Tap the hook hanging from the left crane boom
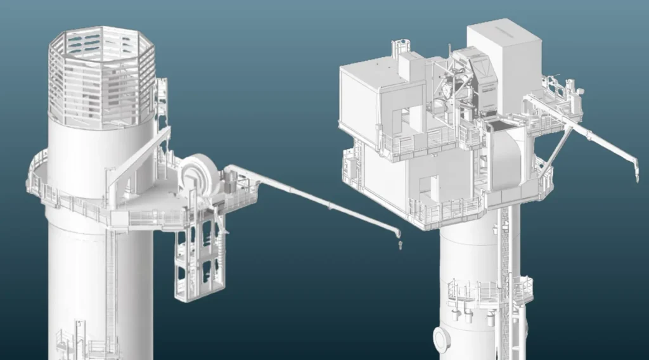pos(399,243)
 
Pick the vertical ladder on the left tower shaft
pos(112,279)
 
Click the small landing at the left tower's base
pos(86,342)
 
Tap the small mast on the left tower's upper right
pos(162,95)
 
